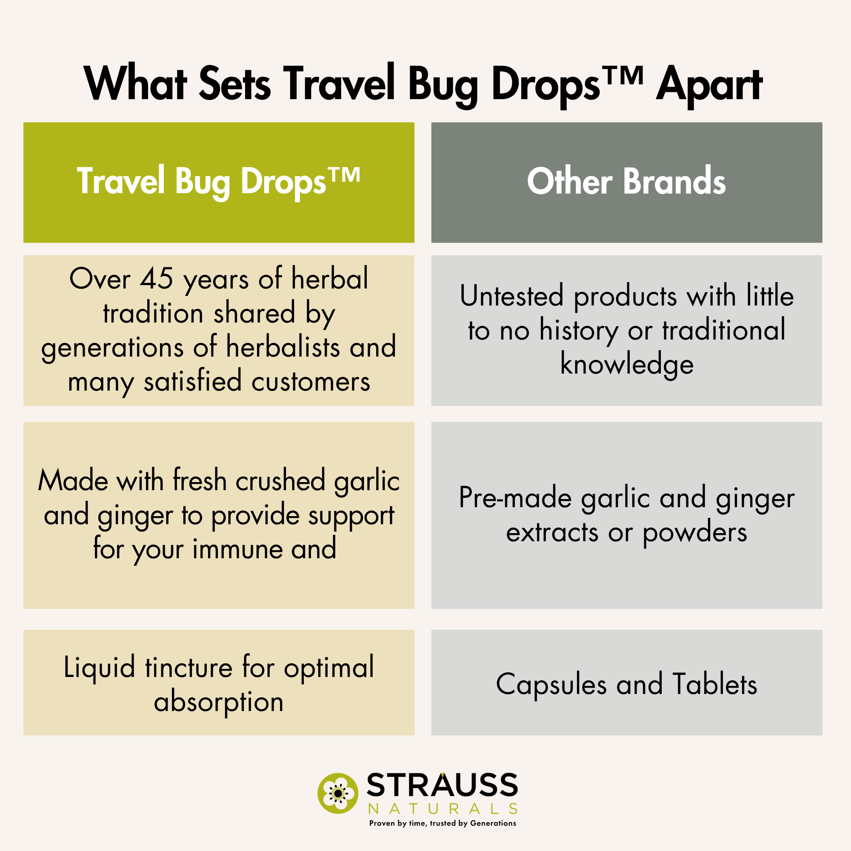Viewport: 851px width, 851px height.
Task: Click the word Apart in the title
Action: pyautogui.click(x=709, y=85)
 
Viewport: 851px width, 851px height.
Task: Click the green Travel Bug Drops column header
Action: pyautogui.click(x=219, y=183)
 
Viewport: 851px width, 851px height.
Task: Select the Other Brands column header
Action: pyautogui.click(x=626, y=183)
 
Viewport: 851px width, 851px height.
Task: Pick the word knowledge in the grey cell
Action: pyautogui.click(x=627, y=365)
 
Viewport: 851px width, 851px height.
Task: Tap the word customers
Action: pyautogui.click(x=311, y=381)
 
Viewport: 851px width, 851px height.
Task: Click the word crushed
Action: pyautogui.click(x=280, y=480)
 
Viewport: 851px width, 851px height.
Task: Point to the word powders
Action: pyautogui.click(x=695, y=534)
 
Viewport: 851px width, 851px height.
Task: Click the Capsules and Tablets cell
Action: pyautogui.click(x=626, y=685)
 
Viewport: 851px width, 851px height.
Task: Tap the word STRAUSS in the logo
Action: pyautogui.click(x=442, y=785)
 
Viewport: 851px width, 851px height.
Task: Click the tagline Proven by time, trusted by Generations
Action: pyautogui.click(x=443, y=824)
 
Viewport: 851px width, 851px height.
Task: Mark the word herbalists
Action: pyautogui.click(x=283, y=347)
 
